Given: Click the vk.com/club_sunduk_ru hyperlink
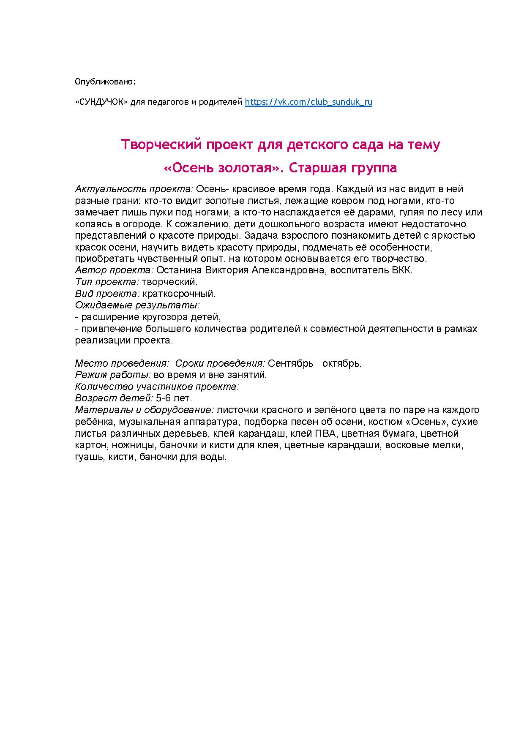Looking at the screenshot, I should click(x=308, y=102).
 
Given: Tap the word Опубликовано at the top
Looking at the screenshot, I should click(x=105, y=81).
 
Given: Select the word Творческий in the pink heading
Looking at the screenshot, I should click(x=161, y=144).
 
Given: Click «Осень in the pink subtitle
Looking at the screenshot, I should click(x=188, y=168).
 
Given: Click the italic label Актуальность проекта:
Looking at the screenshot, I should click(x=134, y=189).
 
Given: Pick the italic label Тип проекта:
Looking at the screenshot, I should click(x=107, y=282).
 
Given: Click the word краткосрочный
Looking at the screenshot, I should click(x=179, y=294).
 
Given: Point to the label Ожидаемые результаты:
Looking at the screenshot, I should click(x=137, y=305).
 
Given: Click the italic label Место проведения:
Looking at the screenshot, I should click(x=122, y=363).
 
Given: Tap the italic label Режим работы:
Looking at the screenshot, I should click(x=113, y=375).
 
